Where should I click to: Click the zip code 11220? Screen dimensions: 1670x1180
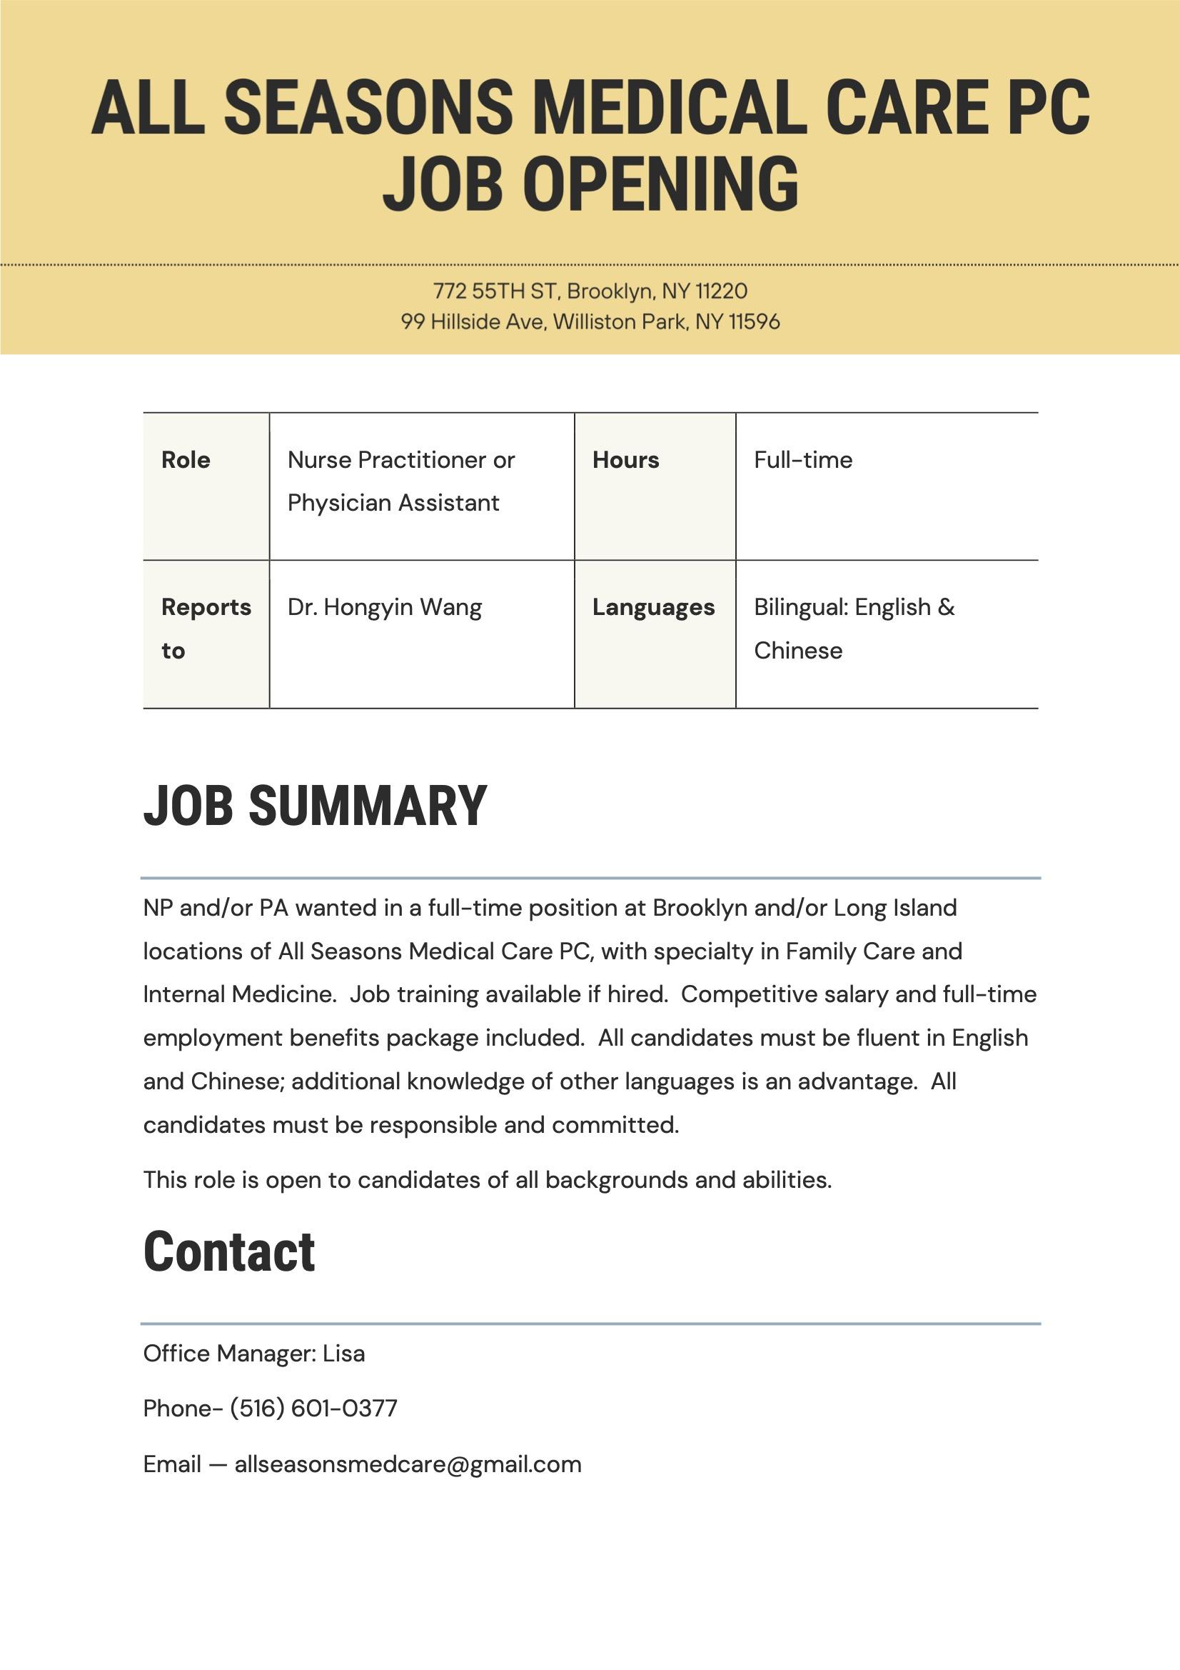720,291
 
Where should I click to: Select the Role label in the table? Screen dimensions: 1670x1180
186,460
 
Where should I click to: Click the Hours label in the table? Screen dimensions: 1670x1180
625,460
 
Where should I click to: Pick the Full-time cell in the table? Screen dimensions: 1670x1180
802,460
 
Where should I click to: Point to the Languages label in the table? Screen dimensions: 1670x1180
653,607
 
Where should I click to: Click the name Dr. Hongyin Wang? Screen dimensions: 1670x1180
384,607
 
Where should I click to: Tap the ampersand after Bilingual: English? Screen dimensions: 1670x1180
946,607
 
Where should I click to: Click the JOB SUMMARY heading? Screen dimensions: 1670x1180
315,806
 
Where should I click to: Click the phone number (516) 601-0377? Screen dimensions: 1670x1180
313,1408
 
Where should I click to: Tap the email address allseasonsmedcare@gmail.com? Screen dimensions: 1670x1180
407,1464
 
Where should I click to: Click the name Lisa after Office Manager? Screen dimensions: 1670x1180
343,1354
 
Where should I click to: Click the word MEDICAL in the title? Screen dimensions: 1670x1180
670,108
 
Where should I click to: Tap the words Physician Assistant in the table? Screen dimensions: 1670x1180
393,503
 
